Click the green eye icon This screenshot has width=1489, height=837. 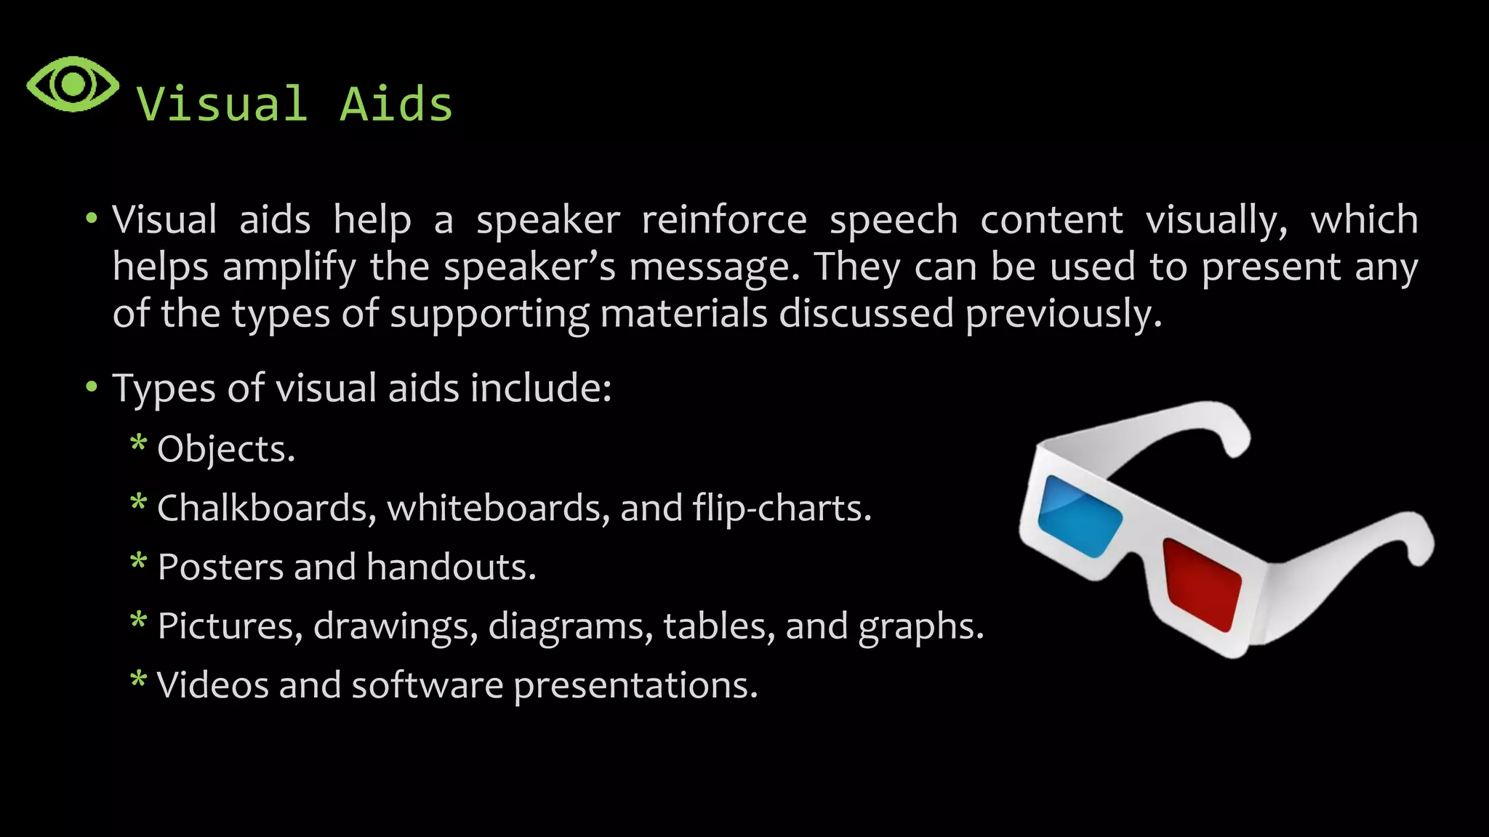[x=73, y=84]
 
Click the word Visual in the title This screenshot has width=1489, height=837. [x=222, y=104]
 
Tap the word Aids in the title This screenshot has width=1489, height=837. [x=396, y=104]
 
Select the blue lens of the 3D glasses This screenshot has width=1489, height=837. [x=1079, y=515]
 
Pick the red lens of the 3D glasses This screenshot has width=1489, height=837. [x=1201, y=584]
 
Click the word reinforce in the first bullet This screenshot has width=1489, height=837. [x=724, y=220]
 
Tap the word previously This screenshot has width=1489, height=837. [x=1063, y=315]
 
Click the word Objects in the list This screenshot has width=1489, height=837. [x=225, y=450]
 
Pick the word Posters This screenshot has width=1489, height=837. [x=220, y=567]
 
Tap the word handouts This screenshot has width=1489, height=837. [x=451, y=567]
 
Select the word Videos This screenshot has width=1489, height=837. [x=212, y=685]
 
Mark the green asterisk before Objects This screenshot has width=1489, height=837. [x=138, y=442]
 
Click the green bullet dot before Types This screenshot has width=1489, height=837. [x=91, y=387]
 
